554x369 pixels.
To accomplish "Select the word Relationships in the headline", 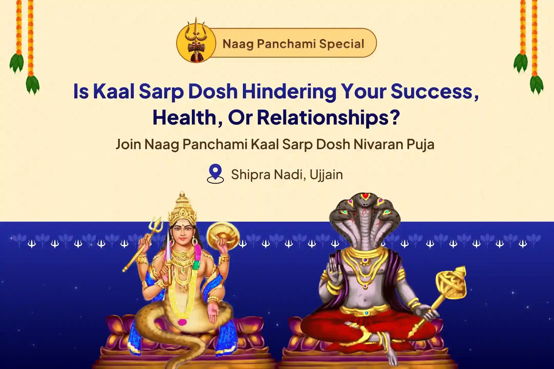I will click(x=328, y=118).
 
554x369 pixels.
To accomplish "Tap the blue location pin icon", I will click(x=215, y=172).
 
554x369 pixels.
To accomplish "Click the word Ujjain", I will click(x=326, y=175).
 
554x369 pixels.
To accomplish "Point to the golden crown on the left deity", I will click(x=182, y=209).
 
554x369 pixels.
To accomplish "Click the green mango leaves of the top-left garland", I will click(x=17, y=63).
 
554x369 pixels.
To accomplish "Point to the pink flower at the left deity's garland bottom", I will click(x=182, y=322).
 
